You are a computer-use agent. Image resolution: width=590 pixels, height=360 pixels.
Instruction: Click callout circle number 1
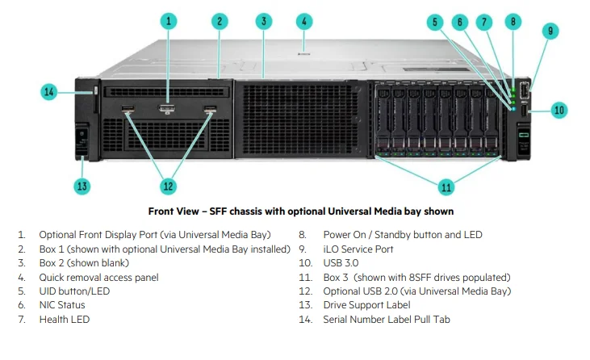[x=168, y=22]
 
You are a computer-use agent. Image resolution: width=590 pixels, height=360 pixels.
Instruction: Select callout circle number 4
[x=303, y=21]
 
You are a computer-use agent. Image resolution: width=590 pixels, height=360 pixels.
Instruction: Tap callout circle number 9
[x=550, y=31]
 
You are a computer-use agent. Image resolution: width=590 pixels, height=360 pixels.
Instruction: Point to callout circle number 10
[x=559, y=109]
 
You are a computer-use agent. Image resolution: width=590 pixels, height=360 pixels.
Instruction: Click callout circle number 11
[x=446, y=186]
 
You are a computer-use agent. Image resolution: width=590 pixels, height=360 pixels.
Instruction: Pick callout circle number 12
[x=168, y=186]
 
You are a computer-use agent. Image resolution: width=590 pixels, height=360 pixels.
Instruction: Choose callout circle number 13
[x=82, y=186]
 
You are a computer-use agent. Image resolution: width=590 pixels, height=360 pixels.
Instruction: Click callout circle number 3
[x=263, y=22]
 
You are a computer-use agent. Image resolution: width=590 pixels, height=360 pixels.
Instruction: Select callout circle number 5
[x=436, y=22]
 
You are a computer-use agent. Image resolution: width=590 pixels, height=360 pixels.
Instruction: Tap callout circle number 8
[x=513, y=22]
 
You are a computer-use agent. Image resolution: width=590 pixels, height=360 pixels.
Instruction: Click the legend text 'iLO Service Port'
[x=358, y=249]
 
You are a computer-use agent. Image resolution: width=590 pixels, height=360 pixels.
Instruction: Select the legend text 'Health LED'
[x=64, y=319]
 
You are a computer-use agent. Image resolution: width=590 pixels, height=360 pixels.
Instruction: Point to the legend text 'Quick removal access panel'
[x=98, y=277]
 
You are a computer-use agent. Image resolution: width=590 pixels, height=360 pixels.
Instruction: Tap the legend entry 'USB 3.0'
[x=341, y=263]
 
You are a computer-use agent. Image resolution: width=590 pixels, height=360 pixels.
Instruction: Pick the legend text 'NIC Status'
[x=62, y=305]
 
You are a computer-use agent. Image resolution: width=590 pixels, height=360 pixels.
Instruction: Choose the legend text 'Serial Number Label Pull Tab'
[x=387, y=319]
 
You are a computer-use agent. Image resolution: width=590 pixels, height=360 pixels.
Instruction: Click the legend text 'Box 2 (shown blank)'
[x=84, y=263]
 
